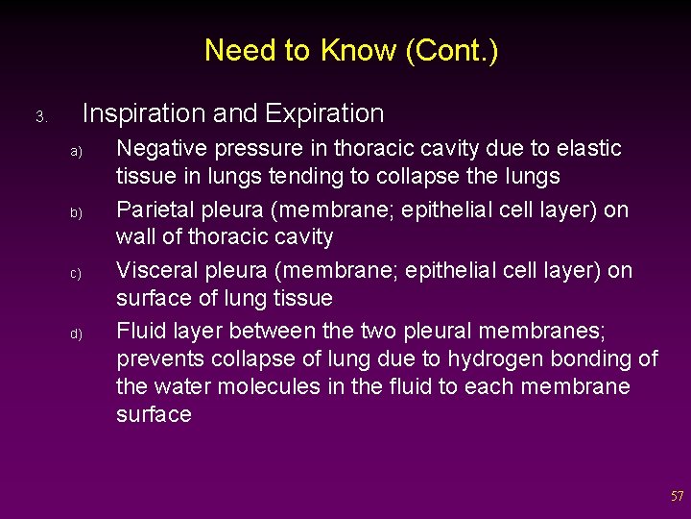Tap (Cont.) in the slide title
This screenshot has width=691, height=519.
pyautogui.click(x=451, y=50)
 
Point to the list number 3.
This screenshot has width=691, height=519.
pyautogui.click(x=41, y=117)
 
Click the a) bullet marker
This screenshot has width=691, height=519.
pyautogui.click(x=77, y=152)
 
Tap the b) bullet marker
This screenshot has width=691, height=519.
pyautogui.click(x=77, y=212)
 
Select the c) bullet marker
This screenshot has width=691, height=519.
pyautogui.click(x=77, y=273)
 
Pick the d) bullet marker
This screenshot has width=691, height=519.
pyautogui.click(x=77, y=334)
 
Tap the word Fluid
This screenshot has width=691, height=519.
pyautogui.click(x=140, y=331)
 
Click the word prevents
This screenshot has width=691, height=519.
pyautogui.click(x=160, y=359)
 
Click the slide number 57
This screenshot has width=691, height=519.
pyautogui.click(x=677, y=497)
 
